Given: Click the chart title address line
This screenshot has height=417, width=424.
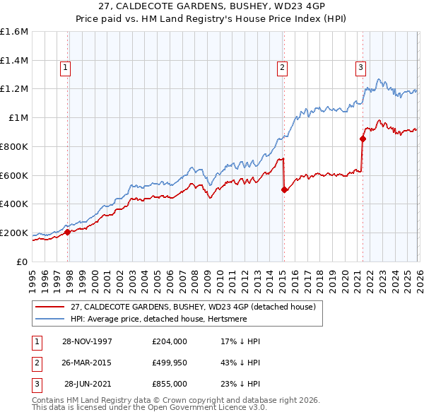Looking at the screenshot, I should pyautogui.click(x=211, y=6).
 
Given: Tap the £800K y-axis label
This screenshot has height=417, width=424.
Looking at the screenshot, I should pyautogui.click(x=14, y=146).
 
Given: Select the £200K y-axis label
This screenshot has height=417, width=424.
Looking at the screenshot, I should pyautogui.click(x=14, y=233).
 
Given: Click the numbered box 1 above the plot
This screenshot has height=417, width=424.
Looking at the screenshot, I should pyautogui.click(x=65, y=68).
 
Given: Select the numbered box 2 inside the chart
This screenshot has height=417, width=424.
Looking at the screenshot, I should pyautogui.click(x=282, y=68).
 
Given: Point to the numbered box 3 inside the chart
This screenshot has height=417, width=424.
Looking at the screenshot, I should pyautogui.click(x=360, y=68).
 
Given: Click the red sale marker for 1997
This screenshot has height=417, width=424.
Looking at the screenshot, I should pyautogui.click(x=68, y=232).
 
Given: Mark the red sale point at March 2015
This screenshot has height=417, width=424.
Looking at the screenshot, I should pyautogui.click(x=284, y=189).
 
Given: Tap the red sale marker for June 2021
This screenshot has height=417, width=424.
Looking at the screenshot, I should pyautogui.click(x=363, y=139).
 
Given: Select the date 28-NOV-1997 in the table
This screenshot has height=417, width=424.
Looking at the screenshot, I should pyautogui.click(x=88, y=341).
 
